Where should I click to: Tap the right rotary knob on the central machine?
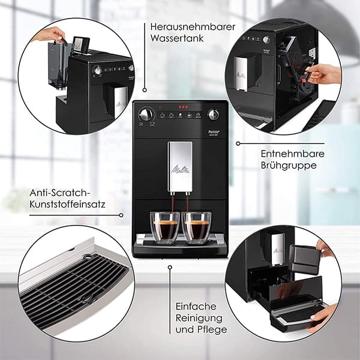(214, 114)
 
